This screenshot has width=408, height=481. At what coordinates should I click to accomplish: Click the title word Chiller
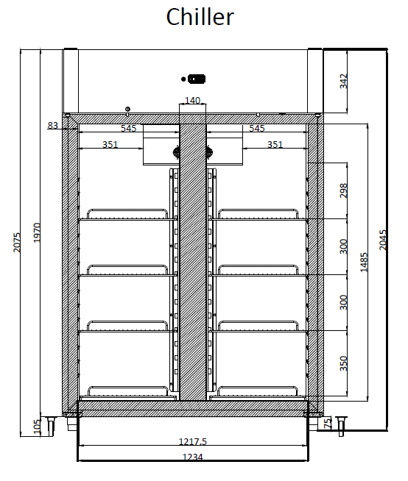coord(200,17)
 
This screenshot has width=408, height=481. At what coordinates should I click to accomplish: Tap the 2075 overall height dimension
coord(17,243)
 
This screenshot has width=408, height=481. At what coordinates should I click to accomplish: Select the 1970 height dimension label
coord(37,232)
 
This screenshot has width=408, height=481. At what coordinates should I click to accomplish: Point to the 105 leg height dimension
coord(37,427)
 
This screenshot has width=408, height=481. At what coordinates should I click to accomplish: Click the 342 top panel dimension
coord(343,81)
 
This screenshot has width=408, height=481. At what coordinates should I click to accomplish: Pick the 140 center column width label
coord(193,100)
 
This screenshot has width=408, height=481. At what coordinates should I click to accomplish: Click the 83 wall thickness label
coord(52,125)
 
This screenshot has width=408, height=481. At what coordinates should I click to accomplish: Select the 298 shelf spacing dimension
coord(343,190)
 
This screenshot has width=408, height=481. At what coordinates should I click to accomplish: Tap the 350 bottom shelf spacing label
coord(343,363)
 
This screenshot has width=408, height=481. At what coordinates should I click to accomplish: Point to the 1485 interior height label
coord(364,262)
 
